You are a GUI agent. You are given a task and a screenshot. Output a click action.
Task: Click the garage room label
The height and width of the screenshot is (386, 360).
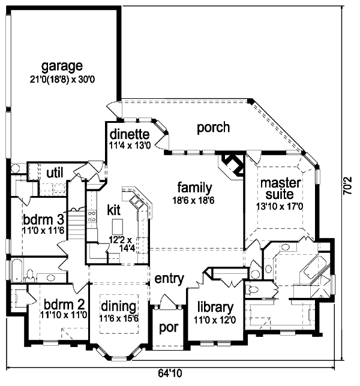tap(62, 66)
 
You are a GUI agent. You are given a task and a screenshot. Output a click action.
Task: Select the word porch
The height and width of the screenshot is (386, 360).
tap(213, 127)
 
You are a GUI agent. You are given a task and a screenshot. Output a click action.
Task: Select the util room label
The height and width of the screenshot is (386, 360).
tap(55, 173)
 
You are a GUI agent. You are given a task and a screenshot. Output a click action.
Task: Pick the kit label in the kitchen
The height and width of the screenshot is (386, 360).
tap(115, 210)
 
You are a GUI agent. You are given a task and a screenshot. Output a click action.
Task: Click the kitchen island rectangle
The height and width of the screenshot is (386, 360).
tap(117, 226)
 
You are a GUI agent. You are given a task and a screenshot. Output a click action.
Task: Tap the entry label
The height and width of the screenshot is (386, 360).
tap(169, 279)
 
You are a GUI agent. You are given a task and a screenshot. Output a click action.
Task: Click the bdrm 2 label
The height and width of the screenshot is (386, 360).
tap(63, 304)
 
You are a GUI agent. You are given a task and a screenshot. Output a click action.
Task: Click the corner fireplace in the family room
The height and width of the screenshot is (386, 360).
tap(232, 162)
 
